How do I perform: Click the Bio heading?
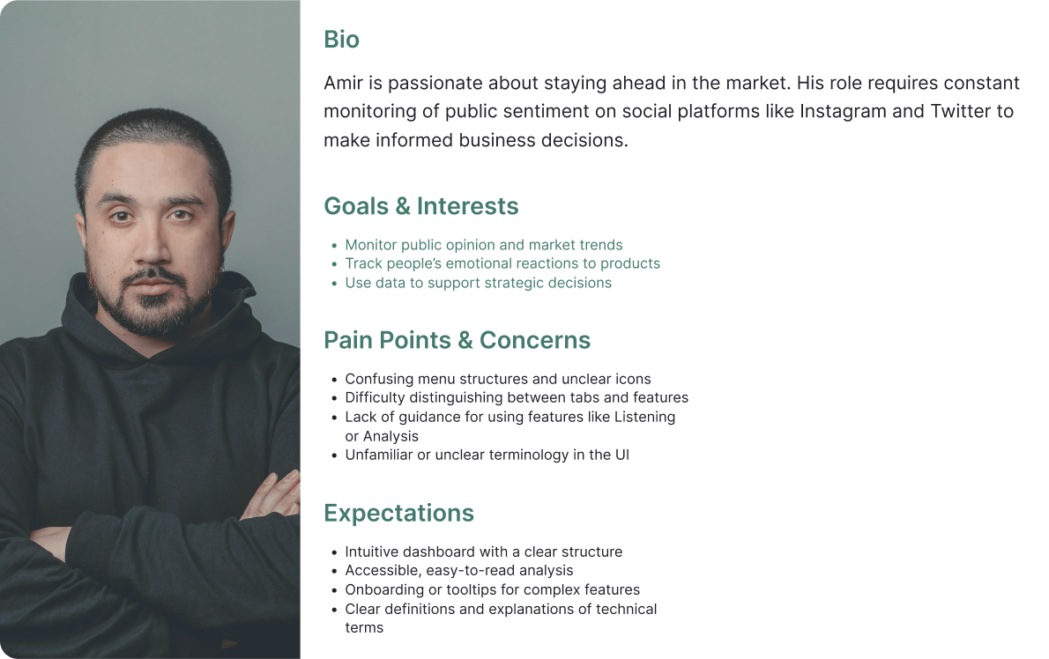click(x=341, y=40)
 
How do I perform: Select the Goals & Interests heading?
click(x=420, y=206)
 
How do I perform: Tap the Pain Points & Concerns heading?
click(x=457, y=340)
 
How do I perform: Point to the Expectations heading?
click(x=398, y=514)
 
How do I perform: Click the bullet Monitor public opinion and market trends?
click(x=484, y=245)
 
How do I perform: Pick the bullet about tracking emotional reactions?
click(x=502, y=263)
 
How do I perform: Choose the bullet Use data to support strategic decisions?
click(x=479, y=283)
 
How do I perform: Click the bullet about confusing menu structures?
click(x=498, y=379)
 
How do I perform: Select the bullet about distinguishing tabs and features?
click(x=517, y=397)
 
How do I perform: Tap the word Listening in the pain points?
click(x=645, y=417)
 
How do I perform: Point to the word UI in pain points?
click(x=622, y=455)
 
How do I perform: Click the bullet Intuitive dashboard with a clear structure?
click(x=484, y=552)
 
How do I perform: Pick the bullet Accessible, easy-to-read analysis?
click(x=459, y=571)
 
